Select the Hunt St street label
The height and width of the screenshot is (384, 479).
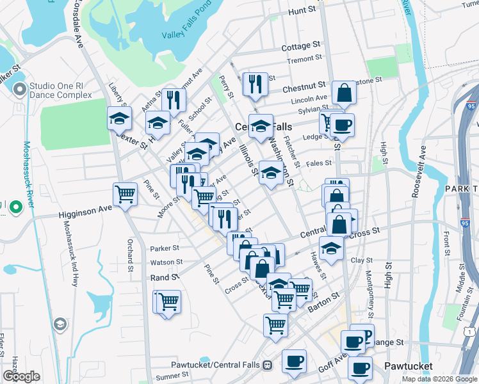303,11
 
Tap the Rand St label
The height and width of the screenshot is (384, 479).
165,277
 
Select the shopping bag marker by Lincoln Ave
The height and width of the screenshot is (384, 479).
344,93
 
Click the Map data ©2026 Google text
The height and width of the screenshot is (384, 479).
439,379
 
